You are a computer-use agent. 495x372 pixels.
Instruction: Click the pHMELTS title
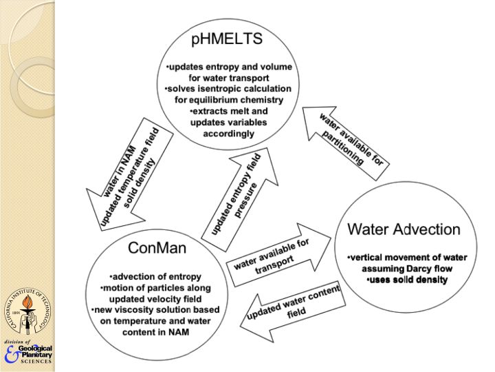[227, 39]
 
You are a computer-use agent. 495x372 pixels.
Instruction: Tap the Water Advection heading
[403, 229]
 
